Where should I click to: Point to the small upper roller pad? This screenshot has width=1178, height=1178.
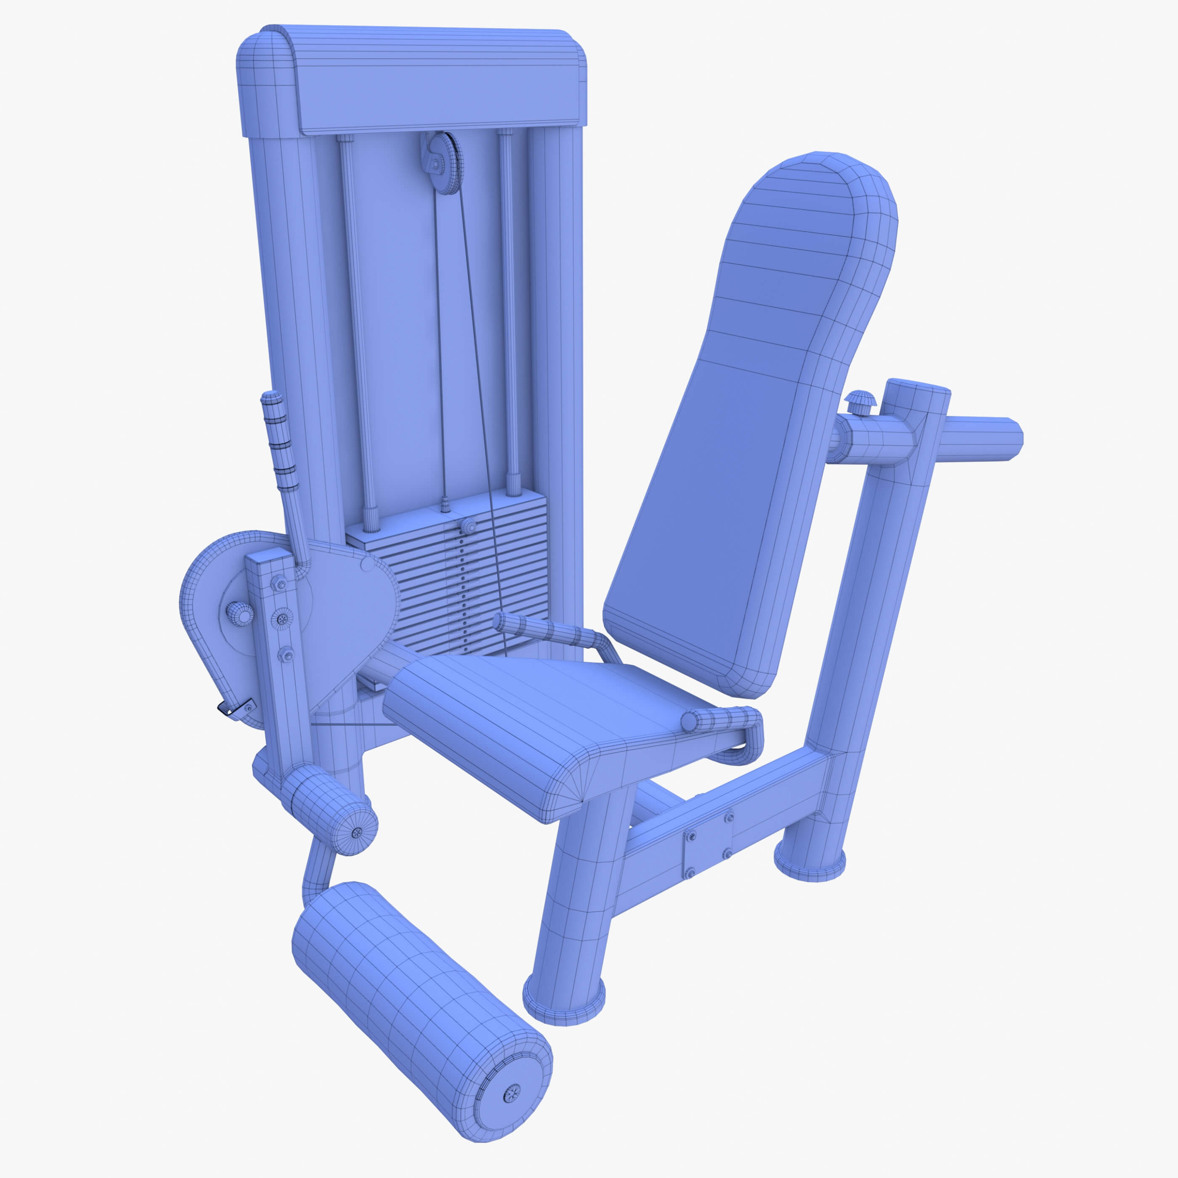coord(329,808)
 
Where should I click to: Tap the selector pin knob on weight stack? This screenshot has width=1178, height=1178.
coord(468,525)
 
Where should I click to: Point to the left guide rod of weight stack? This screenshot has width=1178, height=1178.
coord(360,329)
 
